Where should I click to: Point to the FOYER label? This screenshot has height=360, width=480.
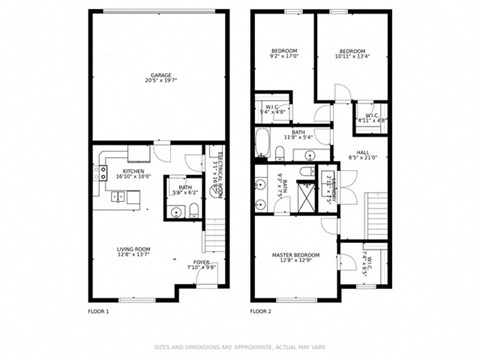point(203,263)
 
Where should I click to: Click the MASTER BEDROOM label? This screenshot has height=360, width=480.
point(296,256)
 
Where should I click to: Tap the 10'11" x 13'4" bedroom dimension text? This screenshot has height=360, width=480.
point(352,56)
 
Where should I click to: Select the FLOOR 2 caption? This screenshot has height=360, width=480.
point(261,312)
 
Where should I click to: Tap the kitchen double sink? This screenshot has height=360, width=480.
point(118,197)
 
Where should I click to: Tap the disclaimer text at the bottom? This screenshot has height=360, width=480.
point(240,347)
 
